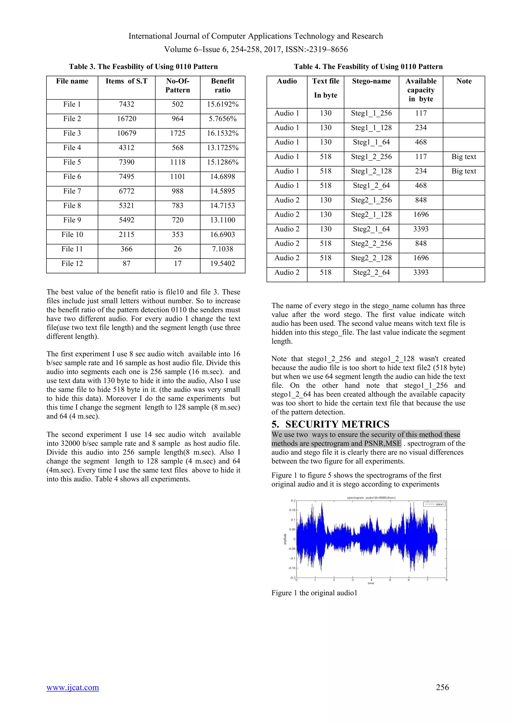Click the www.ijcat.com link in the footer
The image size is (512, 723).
tap(72, 687)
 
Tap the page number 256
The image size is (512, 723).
tap(442, 687)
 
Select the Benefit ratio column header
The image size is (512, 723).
tap(222, 85)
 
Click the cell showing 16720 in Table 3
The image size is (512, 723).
tap(126, 119)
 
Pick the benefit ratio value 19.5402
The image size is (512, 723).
tap(222, 264)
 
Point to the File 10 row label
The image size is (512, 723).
tap(72, 235)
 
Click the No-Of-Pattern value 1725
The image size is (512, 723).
tap(177, 133)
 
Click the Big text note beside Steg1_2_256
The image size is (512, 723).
tap(463, 157)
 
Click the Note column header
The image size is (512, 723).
tap(464, 81)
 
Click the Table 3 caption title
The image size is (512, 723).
tap(143, 67)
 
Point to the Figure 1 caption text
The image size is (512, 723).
tap(314, 593)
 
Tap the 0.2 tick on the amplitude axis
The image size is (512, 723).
tap(293, 500)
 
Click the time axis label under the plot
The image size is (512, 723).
tap(371, 583)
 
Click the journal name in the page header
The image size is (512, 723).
tap(256, 36)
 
